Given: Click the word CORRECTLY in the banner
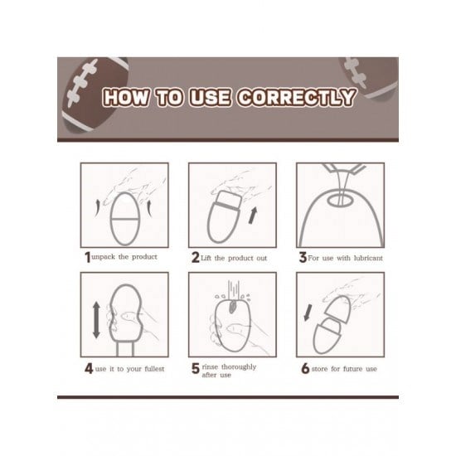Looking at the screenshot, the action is point(297,97).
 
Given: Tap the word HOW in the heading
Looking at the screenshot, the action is point(127,97).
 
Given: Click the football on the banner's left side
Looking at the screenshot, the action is point(95,95).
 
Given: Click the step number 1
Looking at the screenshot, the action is point(88,257).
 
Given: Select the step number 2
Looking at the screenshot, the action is point(195,257).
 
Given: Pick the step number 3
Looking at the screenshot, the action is point(303,257).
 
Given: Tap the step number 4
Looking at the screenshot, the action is point(89,368).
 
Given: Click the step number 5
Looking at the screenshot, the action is point(196,368).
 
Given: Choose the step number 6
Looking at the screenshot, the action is point(305,368).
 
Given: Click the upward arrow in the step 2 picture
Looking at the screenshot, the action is point(253,216).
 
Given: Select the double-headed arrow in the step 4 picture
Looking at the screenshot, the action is point(96,320).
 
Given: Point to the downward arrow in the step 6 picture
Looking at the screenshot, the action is point(308,313).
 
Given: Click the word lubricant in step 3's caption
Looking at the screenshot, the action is point(368,258).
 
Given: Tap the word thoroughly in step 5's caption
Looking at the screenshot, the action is point(239,366).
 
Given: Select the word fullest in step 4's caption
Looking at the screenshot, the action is point(154,369).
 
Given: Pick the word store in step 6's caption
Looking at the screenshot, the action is point(319,369).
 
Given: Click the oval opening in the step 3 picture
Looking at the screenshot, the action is point(340,200).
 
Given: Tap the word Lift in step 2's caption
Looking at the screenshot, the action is point(206,258).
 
